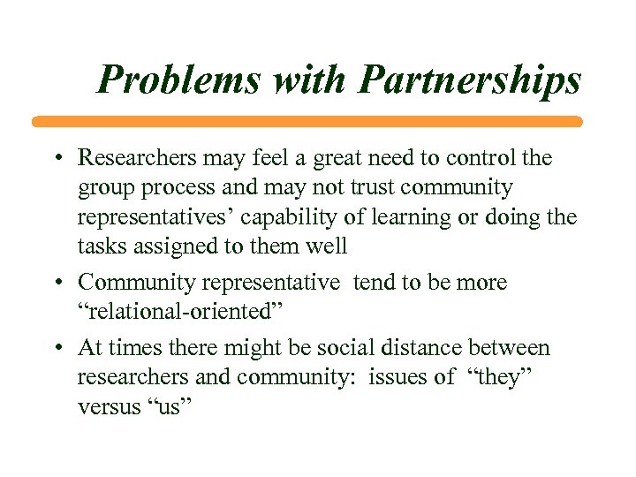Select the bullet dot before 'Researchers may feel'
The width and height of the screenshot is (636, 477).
point(58,160)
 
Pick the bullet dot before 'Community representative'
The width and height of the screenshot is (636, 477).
point(58,284)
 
